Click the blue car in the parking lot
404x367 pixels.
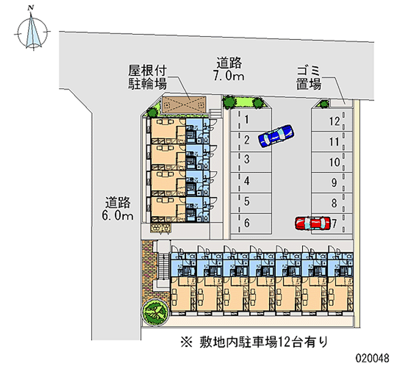click(276, 136)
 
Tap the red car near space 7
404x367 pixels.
click(313, 223)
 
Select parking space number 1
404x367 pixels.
click(251, 120)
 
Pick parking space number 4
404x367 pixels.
click(251, 182)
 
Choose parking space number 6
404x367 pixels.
click(251, 224)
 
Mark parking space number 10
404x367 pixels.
click(332, 162)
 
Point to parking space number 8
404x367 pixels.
click(332, 203)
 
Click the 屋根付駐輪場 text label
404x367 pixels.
click(147, 77)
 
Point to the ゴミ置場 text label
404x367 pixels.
click(309, 78)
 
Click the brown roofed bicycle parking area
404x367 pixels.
click(184, 105)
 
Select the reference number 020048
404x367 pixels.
click(373, 358)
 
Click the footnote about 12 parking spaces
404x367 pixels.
click(255, 342)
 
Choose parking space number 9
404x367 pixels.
click(332, 183)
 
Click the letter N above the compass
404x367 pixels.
click(31, 8)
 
